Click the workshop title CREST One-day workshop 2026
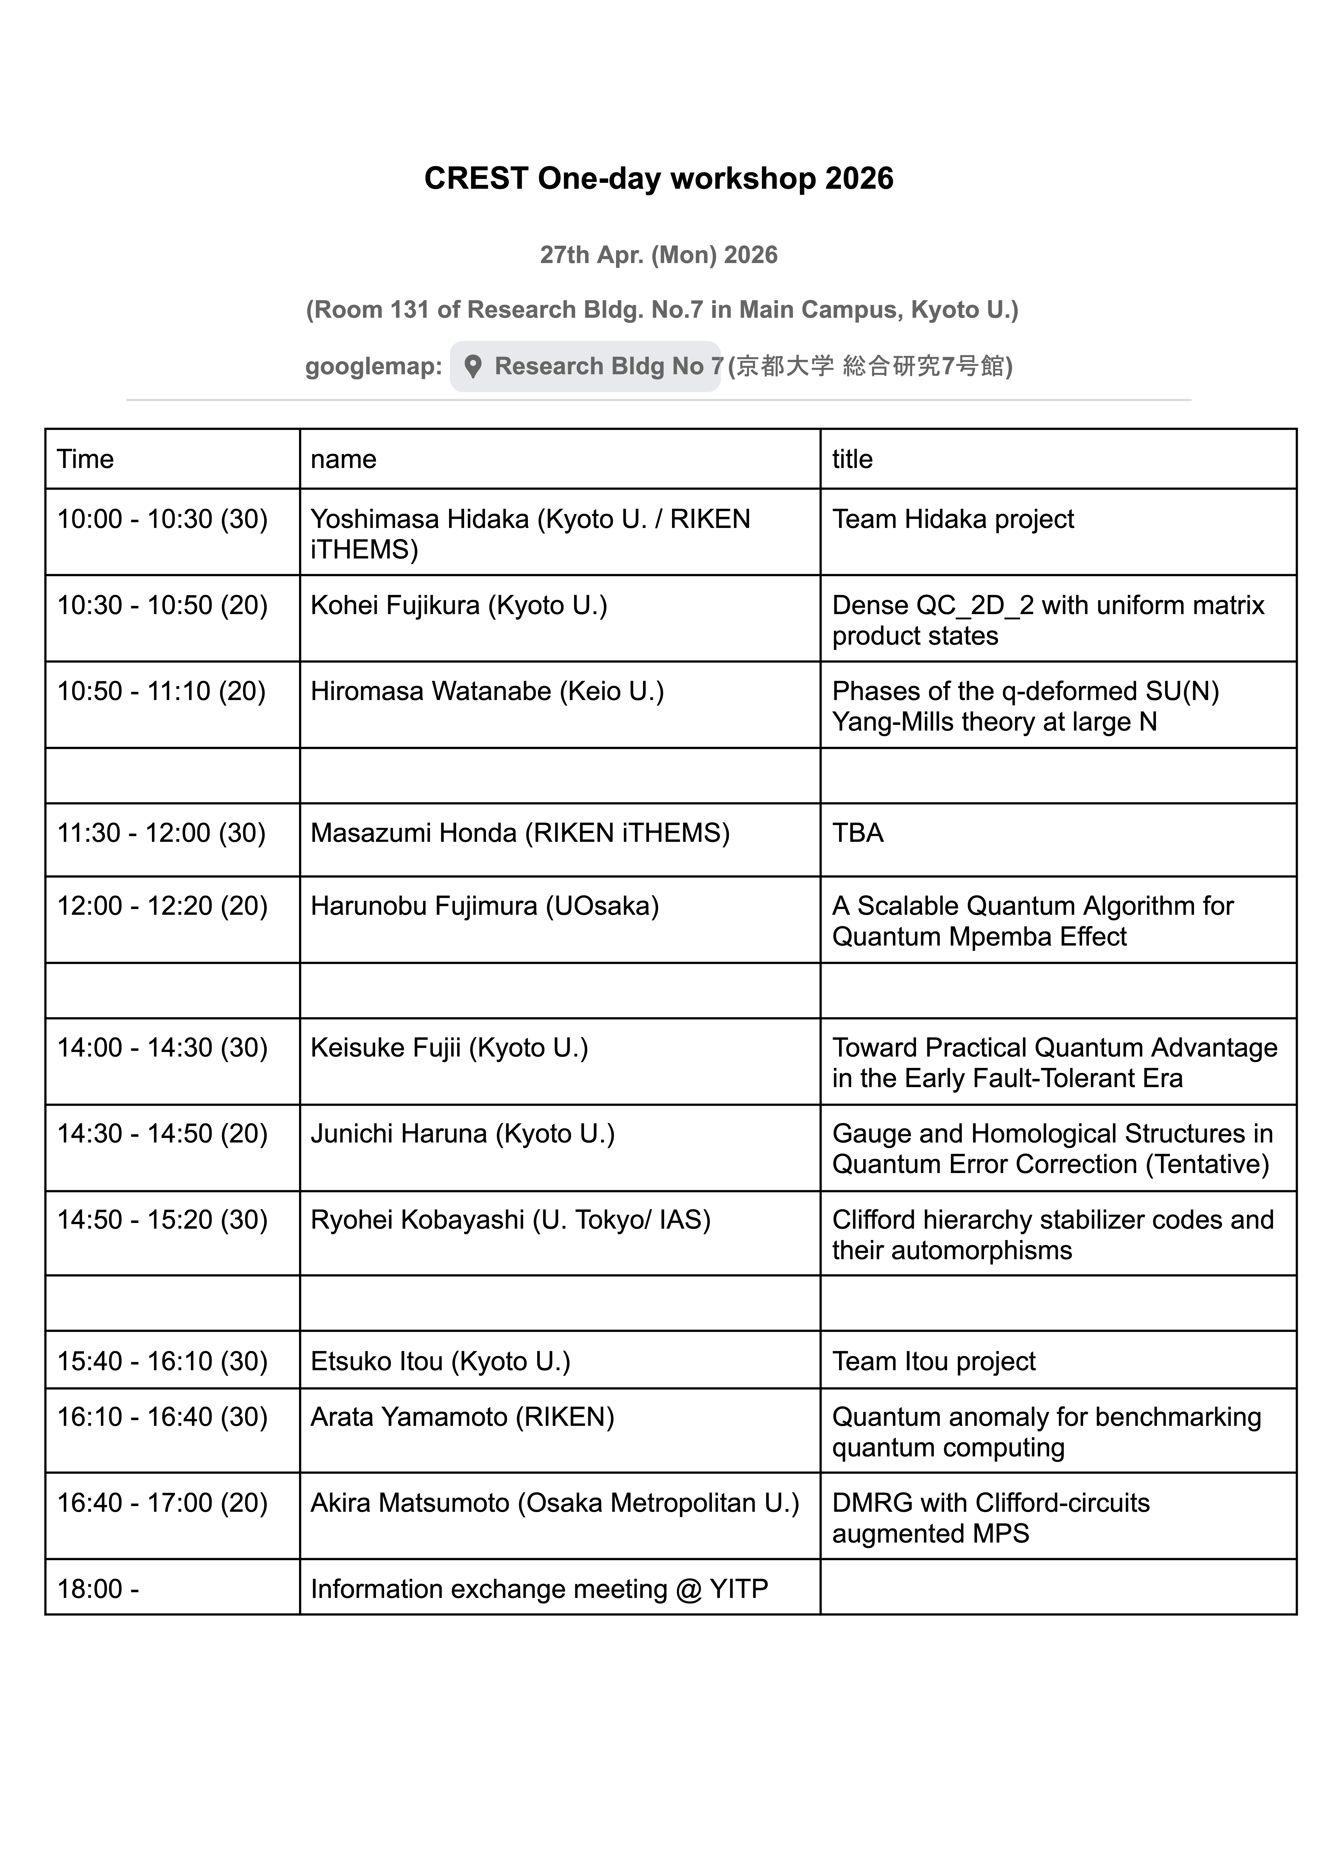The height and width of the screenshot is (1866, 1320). pos(658,179)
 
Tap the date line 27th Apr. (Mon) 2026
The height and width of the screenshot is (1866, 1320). pos(658,255)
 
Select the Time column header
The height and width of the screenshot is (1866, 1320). pos(85,459)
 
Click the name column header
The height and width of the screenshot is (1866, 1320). pos(344,459)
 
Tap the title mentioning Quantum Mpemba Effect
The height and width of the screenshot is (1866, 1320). pos(1032,921)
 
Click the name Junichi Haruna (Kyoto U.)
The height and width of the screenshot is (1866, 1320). pos(462,1134)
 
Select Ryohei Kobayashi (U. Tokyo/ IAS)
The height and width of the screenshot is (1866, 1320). pos(511,1220)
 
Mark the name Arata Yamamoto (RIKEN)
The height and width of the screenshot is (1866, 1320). pos(462,1417)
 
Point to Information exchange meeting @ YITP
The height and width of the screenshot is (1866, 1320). pos(539,1589)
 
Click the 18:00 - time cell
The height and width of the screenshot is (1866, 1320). pos(98,1589)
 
